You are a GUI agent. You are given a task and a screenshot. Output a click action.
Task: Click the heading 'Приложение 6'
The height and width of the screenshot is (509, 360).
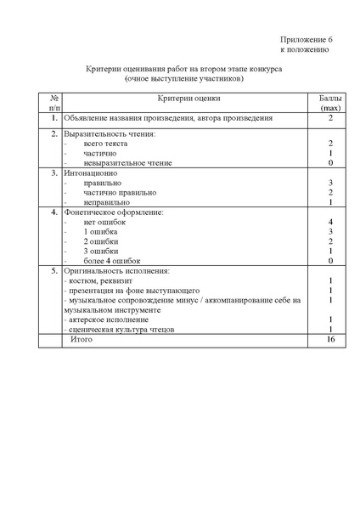coord(307,39)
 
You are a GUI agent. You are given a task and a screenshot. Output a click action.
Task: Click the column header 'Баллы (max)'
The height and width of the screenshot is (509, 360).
coord(329,104)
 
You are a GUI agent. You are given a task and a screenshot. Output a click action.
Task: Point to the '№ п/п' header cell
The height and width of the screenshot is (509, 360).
coord(54,104)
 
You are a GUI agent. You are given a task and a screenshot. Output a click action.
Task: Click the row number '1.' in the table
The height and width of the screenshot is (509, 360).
coord(54,117)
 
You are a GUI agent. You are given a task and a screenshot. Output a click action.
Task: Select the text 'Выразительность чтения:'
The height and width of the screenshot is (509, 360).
coord(110,134)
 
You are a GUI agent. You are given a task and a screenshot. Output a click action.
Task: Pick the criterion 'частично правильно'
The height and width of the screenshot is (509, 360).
coord(120,192)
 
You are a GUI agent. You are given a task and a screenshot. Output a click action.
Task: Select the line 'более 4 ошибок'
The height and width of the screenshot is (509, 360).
coord(112,260)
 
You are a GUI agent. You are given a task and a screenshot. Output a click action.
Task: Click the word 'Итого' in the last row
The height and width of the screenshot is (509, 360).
coord(82,339)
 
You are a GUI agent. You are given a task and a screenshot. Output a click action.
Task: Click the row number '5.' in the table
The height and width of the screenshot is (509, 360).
coord(54,270)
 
